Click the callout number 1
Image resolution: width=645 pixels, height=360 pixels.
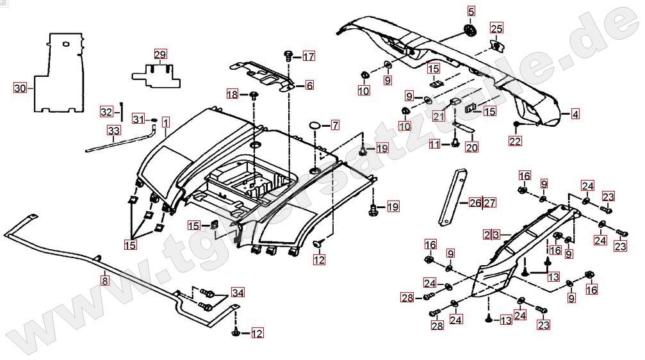click(x=165, y=122)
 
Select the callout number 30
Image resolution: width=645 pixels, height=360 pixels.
click(x=20, y=88)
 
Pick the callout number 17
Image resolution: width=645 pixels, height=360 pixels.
click(x=309, y=56)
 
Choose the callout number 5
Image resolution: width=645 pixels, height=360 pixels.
click(x=471, y=11)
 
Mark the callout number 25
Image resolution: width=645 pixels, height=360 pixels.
click(x=497, y=28)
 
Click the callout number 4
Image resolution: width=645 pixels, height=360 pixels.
click(x=575, y=115)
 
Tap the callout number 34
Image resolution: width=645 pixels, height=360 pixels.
click(x=238, y=293)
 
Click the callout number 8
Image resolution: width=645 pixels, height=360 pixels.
click(x=104, y=279)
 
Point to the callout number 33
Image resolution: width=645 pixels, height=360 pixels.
click(x=113, y=131)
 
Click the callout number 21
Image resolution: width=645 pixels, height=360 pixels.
click(x=438, y=117)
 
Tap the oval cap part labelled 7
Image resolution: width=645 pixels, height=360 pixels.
click(x=315, y=124)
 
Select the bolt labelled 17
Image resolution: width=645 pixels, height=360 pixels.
click(x=289, y=56)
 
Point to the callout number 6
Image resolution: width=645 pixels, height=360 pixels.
click(x=309, y=85)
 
